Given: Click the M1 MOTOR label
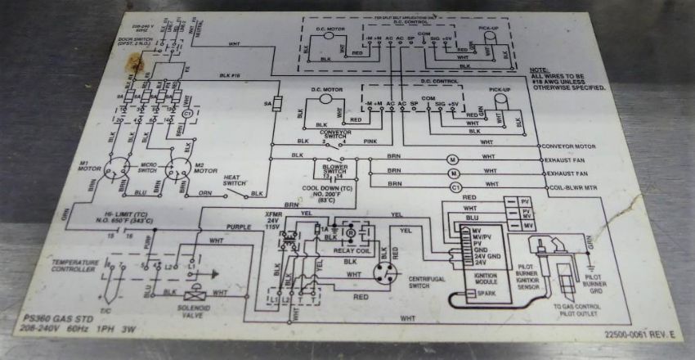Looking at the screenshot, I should (89, 169).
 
